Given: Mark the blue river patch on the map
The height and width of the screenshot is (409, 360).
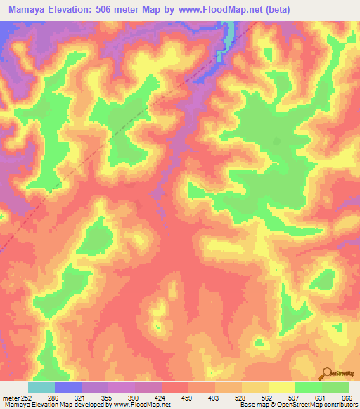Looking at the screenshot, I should pos(229,34).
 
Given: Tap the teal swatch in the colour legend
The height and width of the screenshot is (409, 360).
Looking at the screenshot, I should pos(41,387).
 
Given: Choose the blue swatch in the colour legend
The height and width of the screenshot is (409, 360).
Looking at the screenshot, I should pos(68,387).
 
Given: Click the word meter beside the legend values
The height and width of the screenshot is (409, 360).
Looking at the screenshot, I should pos(11,397).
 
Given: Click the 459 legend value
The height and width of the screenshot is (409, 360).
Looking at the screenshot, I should pos(188,397).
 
